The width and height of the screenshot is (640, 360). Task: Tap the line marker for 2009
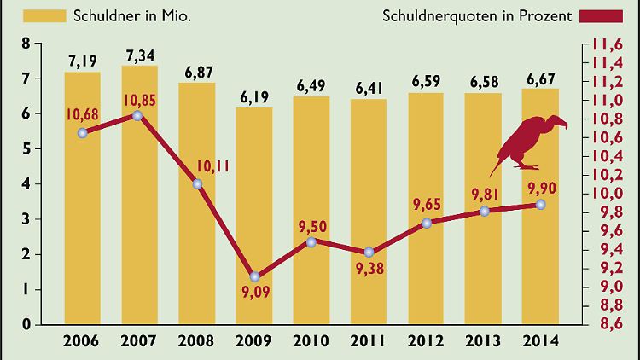pyautogui.click(x=254, y=276)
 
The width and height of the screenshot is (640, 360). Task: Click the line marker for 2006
pyautogui.click(x=82, y=132)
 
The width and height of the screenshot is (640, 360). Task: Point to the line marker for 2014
pyautogui.click(x=541, y=205)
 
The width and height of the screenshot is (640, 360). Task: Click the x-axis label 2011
pyautogui.click(x=369, y=342)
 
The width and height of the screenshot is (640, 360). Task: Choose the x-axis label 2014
pyautogui.click(x=541, y=342)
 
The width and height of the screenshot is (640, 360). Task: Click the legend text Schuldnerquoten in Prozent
pyautogui.click(x=477, y=15)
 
